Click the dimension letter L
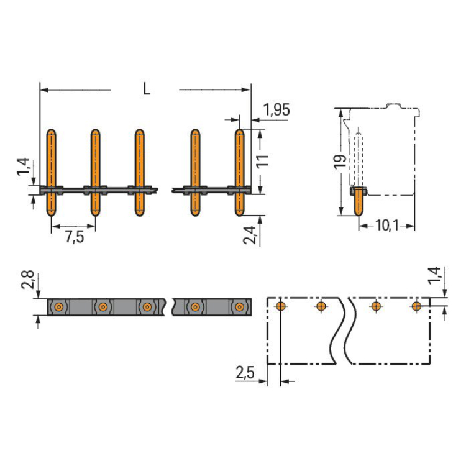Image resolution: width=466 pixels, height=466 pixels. (x=147, y=89)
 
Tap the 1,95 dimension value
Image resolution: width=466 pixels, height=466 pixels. (x=276, y=110)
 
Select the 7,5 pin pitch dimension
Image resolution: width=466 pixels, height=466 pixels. (x=75, y=237)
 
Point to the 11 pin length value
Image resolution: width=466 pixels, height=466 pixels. (x=262, y=162)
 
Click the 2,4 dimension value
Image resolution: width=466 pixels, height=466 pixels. (x=249, y=235)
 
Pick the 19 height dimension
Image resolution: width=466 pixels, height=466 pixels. (x=340, y=162)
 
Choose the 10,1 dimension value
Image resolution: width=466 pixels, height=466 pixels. (x=387, y=226)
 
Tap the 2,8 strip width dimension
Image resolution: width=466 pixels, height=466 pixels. (x=27, y=280)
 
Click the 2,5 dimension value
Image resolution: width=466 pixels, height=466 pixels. (x=245, y=372)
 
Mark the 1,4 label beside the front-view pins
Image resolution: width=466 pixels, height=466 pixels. (x=23, y=167)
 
